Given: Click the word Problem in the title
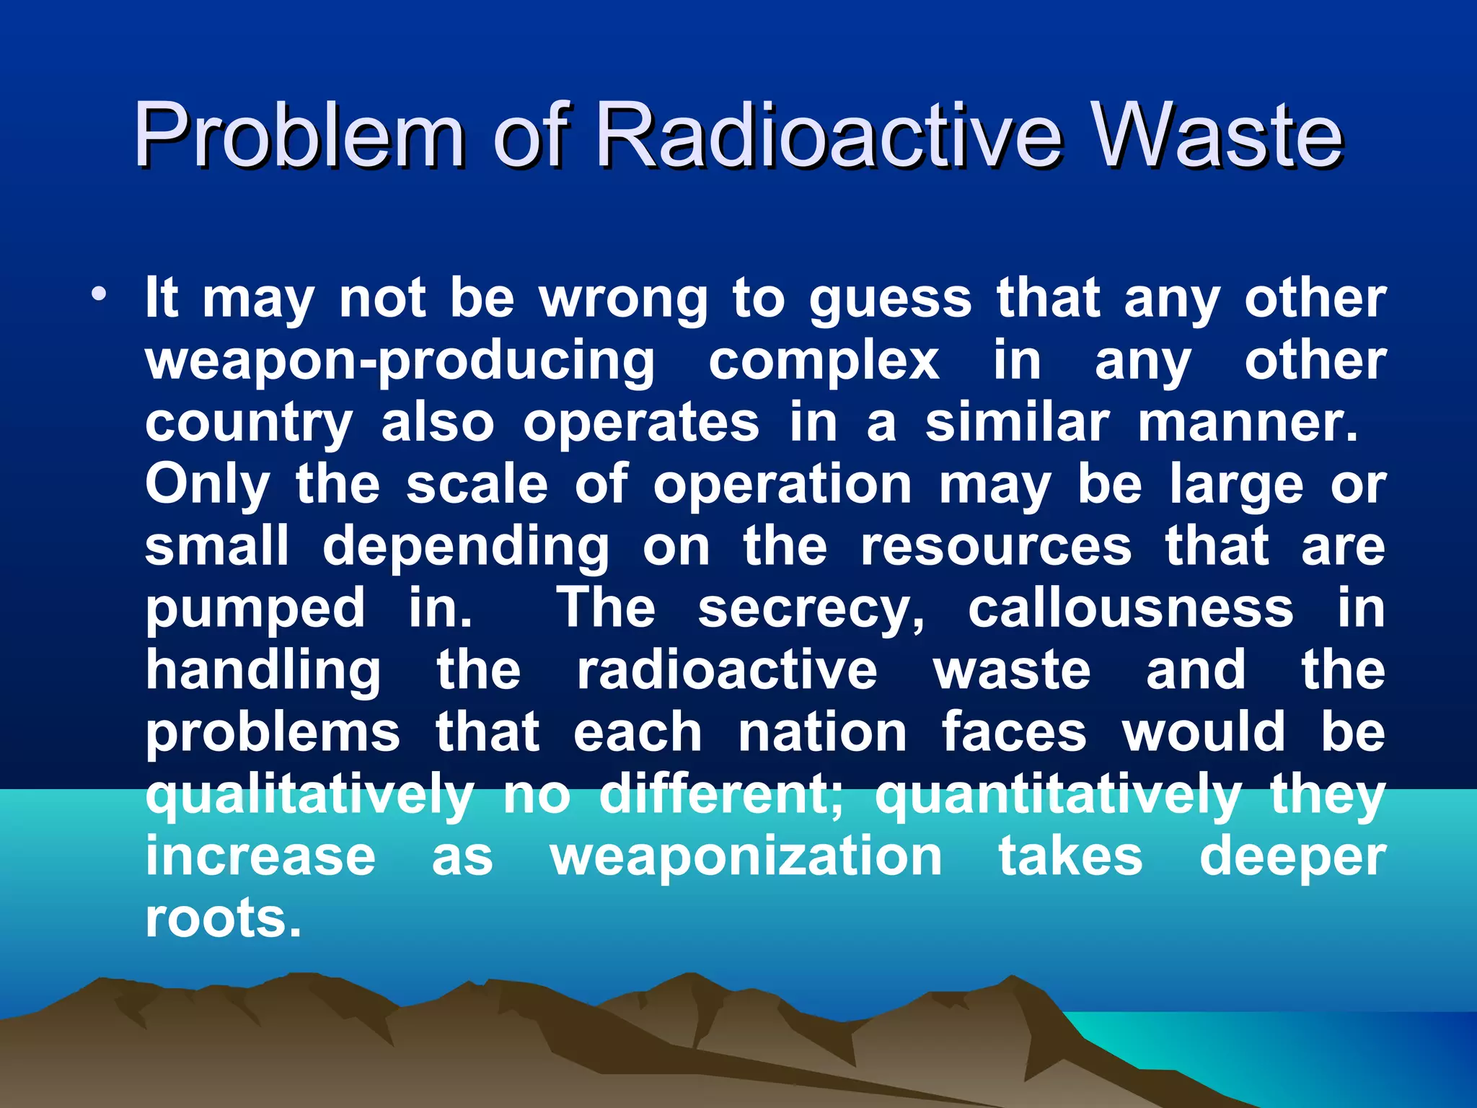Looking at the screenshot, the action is tap(299, 135).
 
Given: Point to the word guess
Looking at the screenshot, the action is tap(891, 301).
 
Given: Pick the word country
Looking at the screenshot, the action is tap(249, 425).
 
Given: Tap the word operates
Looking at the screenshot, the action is tap(641, 425).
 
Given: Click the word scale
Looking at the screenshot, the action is tap(477, 485).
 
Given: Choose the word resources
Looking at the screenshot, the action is tap(996, 547).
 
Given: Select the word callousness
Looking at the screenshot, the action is tap(1131, 609).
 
